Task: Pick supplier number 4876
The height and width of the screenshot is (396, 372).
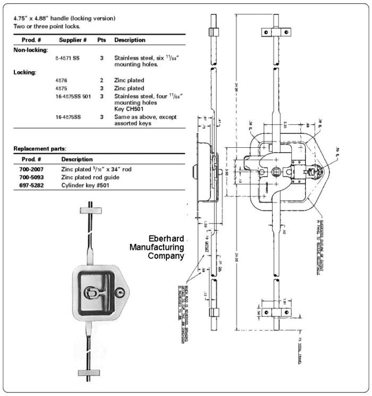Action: (x=61, y=80)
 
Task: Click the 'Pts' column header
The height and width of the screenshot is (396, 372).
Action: (x=102, y=40)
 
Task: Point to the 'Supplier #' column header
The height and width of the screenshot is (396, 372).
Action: (x=73, y=40)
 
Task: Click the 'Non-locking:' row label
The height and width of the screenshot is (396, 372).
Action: (x=31, y=49)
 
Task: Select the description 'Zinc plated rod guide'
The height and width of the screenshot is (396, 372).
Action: (x=90, y=177)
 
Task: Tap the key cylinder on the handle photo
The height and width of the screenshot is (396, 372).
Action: (x=123, y=293)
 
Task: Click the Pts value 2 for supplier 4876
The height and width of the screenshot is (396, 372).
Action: (x=102, y=80)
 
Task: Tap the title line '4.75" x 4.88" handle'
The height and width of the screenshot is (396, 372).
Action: (x=64, y=19)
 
